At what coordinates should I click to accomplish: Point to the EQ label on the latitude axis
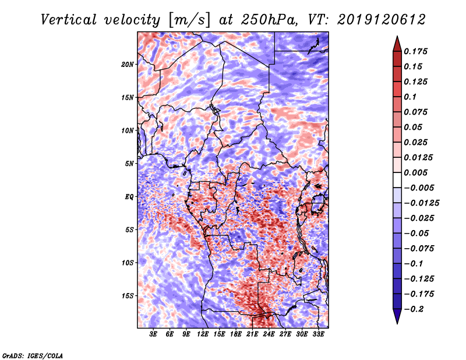point(129,197)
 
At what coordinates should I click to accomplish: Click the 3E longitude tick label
point(153,334)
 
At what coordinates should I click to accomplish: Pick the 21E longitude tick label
point(252,334)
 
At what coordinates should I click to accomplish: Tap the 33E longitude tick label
point(318,334)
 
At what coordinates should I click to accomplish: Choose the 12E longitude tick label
point(203,334)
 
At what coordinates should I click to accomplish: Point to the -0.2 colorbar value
point(415,309)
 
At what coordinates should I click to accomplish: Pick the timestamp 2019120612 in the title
point(380,19)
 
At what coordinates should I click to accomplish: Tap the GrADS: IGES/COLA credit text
point(32,355)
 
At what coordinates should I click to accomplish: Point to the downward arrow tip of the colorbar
point(397,322)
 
